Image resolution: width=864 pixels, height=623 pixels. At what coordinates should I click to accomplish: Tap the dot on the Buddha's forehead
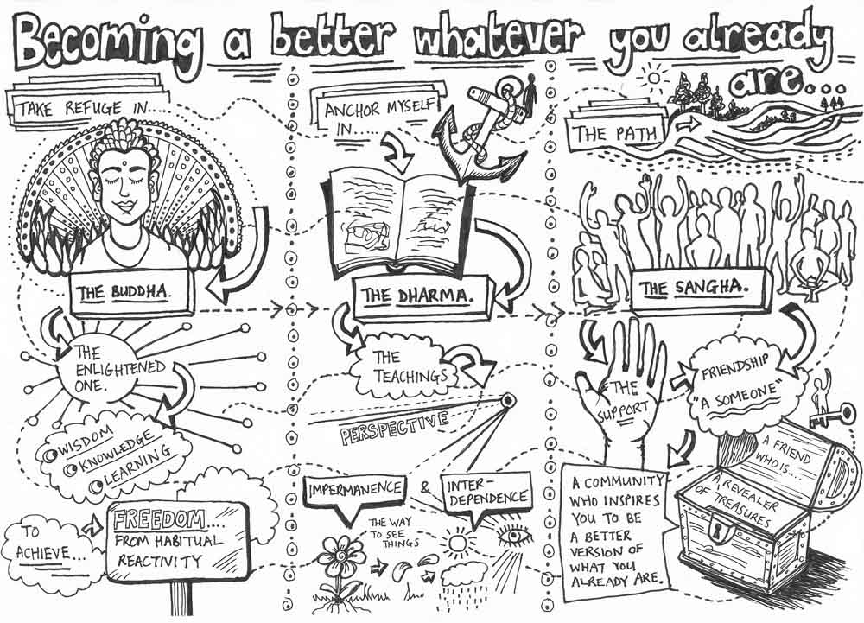[x=125, y=163]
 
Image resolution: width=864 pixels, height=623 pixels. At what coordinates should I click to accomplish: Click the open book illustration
[x=397, y=222]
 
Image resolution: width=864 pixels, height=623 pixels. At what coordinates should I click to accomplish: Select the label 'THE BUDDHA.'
[x=130, y=293]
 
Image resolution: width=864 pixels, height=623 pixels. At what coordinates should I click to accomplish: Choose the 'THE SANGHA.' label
[x=698, y=288]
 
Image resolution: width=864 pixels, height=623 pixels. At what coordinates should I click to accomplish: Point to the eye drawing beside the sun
[x=516, y=536]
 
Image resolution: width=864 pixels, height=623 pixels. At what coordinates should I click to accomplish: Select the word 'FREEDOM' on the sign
[x=159, y=519]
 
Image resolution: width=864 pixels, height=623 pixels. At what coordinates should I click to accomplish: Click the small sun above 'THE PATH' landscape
[x=653, y=77]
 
